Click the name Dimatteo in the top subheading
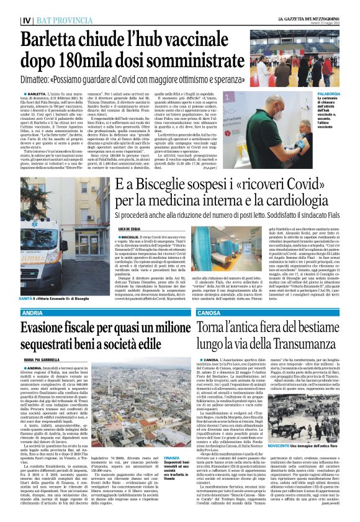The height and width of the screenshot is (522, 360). [42, 80]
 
